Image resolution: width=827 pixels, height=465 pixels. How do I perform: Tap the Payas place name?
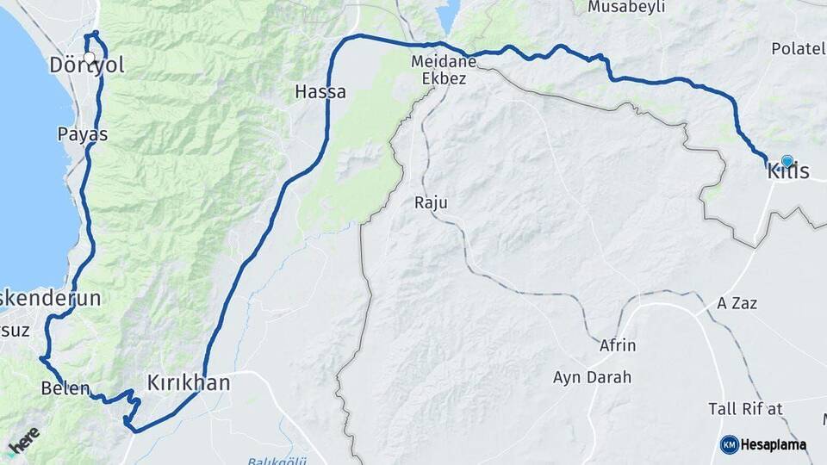coord(83,134)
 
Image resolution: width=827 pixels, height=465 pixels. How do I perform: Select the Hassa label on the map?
coord(320,90)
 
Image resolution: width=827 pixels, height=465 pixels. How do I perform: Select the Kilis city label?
coord(788,171)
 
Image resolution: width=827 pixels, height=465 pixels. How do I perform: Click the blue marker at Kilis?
coord(787,161)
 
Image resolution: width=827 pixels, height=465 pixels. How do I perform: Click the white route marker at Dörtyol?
coord(89,58)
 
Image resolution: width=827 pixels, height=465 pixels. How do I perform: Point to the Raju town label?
coord(432,202)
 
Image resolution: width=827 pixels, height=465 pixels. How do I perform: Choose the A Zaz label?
coord(737,304)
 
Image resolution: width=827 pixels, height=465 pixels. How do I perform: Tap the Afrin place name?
coord(618,345)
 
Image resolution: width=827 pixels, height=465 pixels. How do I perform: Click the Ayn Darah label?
coord(592,377)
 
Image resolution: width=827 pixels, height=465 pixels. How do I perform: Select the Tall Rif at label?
coord(745,408)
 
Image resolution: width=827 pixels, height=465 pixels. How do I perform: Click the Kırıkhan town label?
coord(188,382)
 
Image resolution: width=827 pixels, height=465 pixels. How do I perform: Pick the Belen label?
coord(65,388)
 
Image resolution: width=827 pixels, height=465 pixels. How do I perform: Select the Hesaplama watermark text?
coord(773,444)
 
